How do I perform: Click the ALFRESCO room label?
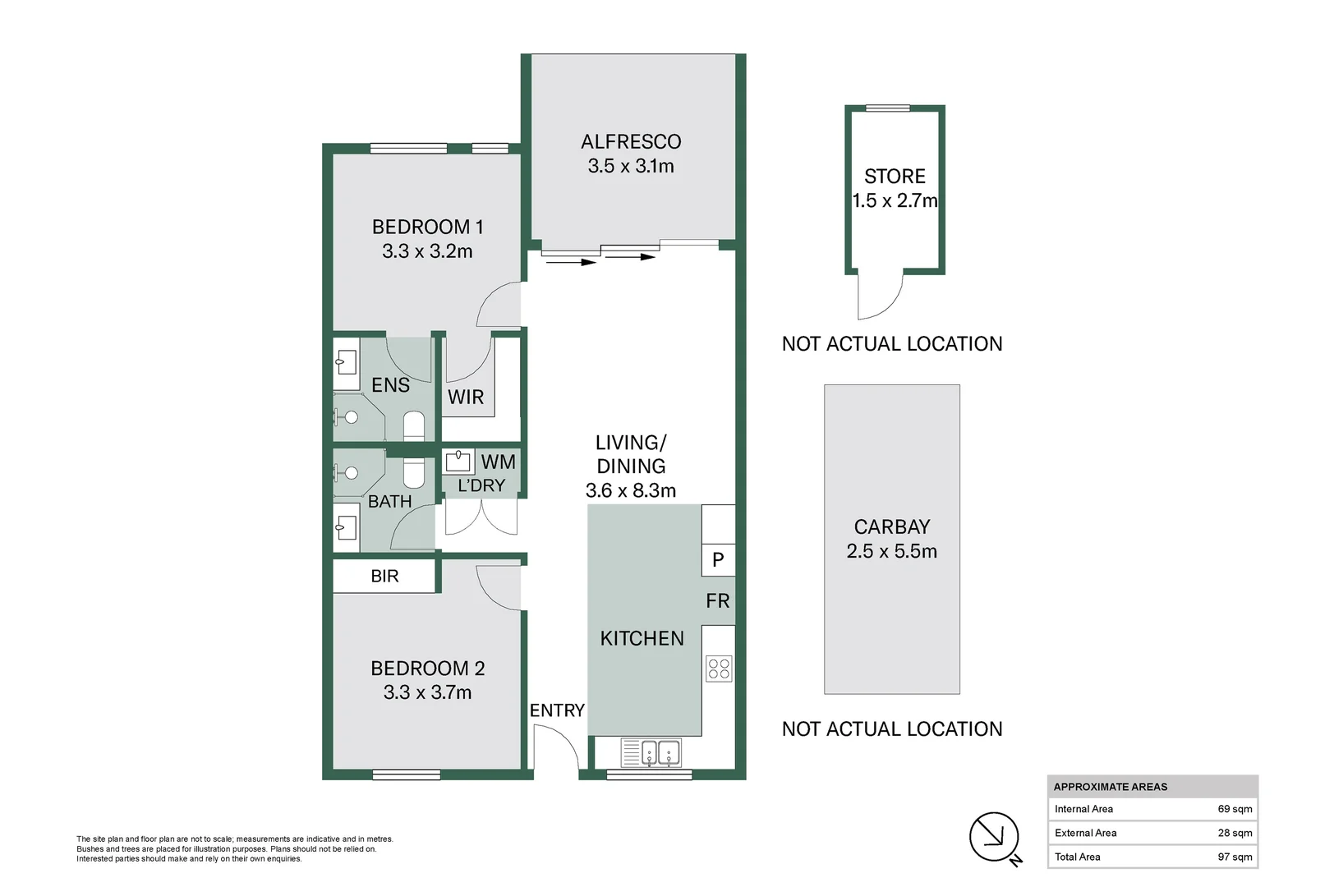630,142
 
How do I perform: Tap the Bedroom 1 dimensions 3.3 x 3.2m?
427,251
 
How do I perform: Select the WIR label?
466,398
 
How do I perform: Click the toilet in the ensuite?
414,425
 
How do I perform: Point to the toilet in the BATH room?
414,473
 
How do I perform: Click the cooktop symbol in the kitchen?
719,669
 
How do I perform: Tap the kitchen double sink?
660,752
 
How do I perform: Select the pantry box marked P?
718,560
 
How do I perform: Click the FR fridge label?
717,601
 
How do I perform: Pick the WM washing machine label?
498,462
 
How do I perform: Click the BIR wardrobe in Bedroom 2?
384,577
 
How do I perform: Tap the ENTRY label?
557,710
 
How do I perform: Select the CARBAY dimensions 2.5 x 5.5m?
891,551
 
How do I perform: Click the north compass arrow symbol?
994,837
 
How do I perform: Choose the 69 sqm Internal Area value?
1235,809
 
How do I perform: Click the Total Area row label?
1077,857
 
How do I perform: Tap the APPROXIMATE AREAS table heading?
1110,787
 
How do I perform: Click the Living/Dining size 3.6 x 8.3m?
630,491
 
